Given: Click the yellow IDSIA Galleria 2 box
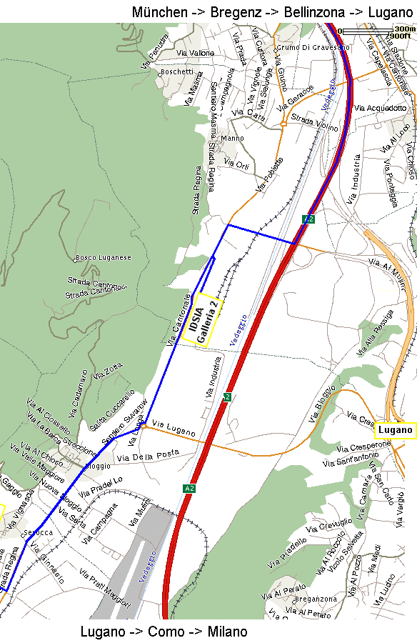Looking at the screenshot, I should pyautogui.click(x=204, y=320).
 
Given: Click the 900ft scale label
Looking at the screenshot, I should pyautogui.click(x=400, y=36).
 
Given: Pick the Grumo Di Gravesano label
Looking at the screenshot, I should pyautogui.click(x=313, y=47).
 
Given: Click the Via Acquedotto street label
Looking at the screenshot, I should pyautogui.click(x=381, y=107).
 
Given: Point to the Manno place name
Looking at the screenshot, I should pyautogui.click(x=233, y=138).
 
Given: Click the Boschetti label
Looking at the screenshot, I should pyautogui.click(x=177, y=71).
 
